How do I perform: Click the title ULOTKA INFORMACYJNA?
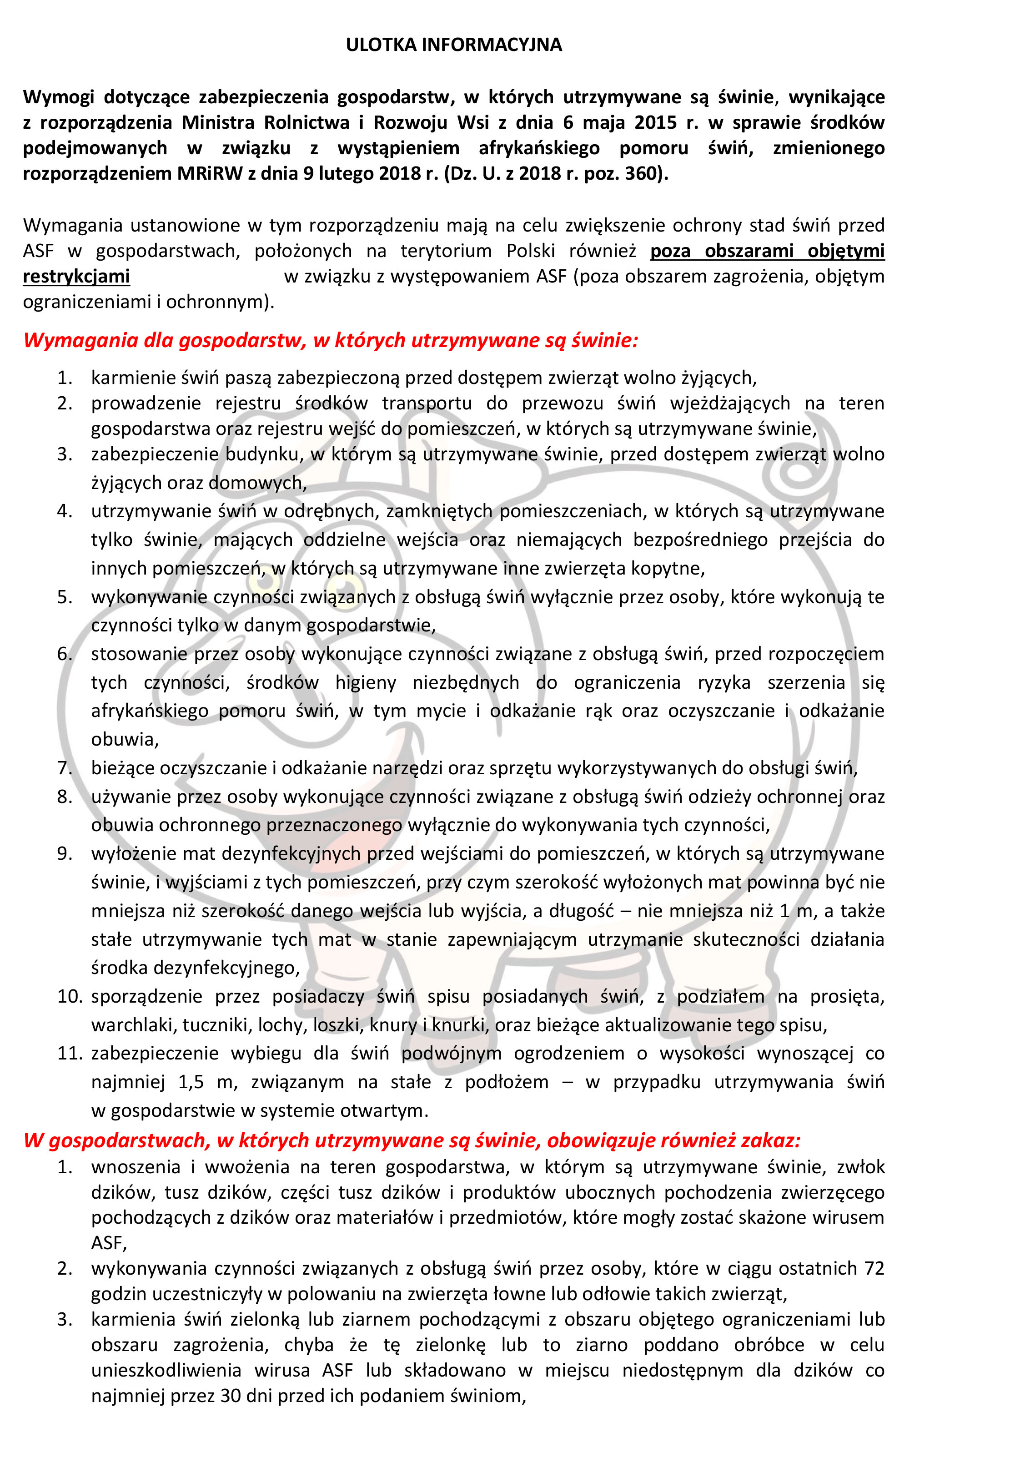(454, 45)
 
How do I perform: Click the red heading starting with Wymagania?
(331, 340)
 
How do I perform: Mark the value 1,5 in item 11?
(191, 1082)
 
